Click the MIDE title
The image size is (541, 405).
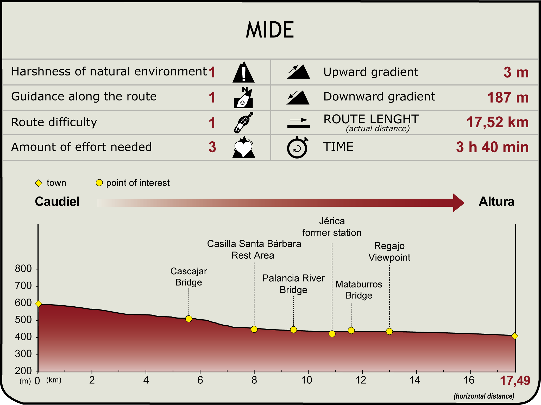(270, 30)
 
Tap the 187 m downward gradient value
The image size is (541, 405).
(508, 98)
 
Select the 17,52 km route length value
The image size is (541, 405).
(497, 122)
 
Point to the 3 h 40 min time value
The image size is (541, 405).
(492, 147)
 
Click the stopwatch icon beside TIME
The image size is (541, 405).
(297, 148)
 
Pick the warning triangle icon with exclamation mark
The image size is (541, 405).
(243, 73)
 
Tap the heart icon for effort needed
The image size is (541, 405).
(243, 148)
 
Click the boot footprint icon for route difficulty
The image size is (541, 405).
(243, 123)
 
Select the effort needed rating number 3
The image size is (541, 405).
(212, 147)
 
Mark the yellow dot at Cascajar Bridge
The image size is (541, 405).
(189, 319)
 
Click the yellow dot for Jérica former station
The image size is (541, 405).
(332, 334)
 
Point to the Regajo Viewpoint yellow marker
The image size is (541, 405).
(389, 331)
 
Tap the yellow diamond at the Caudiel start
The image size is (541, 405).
(39, 304)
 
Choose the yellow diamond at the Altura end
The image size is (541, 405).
(515, 336)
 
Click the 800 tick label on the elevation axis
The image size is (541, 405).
(23, 269)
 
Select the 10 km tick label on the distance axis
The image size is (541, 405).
(307, 380)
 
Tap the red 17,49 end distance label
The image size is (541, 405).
(515, 381)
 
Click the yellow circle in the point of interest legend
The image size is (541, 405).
(99, 183)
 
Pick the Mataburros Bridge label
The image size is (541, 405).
(359, 290)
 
